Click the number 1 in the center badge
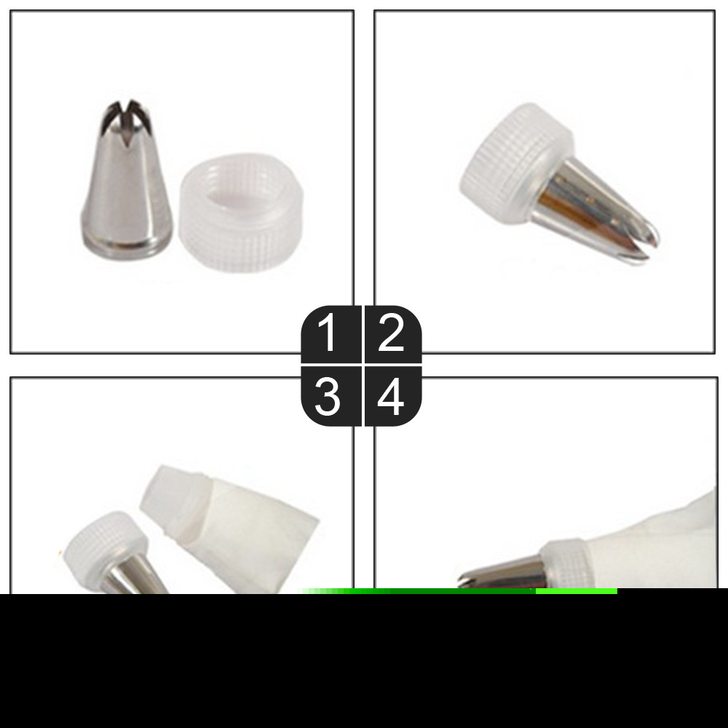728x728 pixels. [328, 334]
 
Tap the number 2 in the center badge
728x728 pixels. [391, 334]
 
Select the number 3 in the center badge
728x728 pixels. [328, 397]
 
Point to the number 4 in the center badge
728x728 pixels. [392, 397]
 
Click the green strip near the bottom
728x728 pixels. [459, 592]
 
